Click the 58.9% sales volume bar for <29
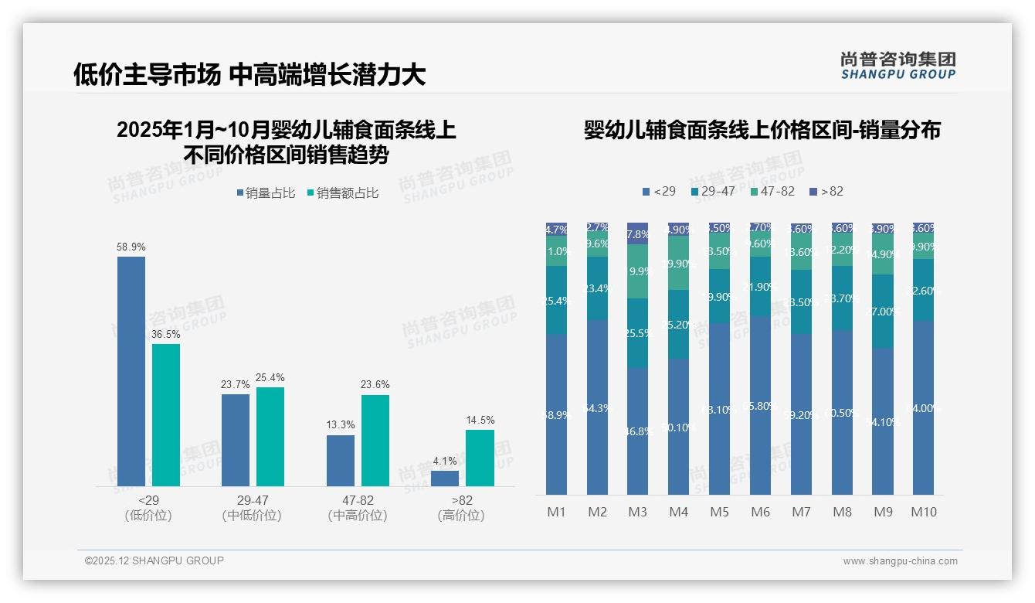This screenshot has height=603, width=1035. [x=131, y=371]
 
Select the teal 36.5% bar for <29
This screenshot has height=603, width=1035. [x=166, y=415]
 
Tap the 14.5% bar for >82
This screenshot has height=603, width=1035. [x=480, y=458]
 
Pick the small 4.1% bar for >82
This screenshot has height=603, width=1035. [x=445, y=479]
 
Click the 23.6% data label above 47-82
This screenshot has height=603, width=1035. [x=375, y=384]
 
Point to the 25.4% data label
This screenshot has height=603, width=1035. [x=270, y=377]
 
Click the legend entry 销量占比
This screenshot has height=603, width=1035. [x=266, y=193]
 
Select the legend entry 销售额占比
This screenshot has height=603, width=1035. [x=343, y=193]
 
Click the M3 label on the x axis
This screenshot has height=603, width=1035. [x=637, y=512]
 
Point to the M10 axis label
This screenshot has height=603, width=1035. [x=923, y=512]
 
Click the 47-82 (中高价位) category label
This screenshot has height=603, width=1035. [x=358, y=508]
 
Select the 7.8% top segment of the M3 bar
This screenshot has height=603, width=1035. [x=637, y=233]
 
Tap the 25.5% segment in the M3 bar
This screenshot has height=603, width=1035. [x=637, y=333]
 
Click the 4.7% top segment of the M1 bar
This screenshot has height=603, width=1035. [x=556, y=229]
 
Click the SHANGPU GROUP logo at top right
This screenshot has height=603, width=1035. [x=898, y=66]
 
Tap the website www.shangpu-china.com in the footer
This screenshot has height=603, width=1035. [x=900, y=561]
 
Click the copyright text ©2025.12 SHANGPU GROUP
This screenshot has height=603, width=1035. [x=154, y=560]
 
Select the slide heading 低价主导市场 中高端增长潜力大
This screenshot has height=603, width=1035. [x=249, y=74]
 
